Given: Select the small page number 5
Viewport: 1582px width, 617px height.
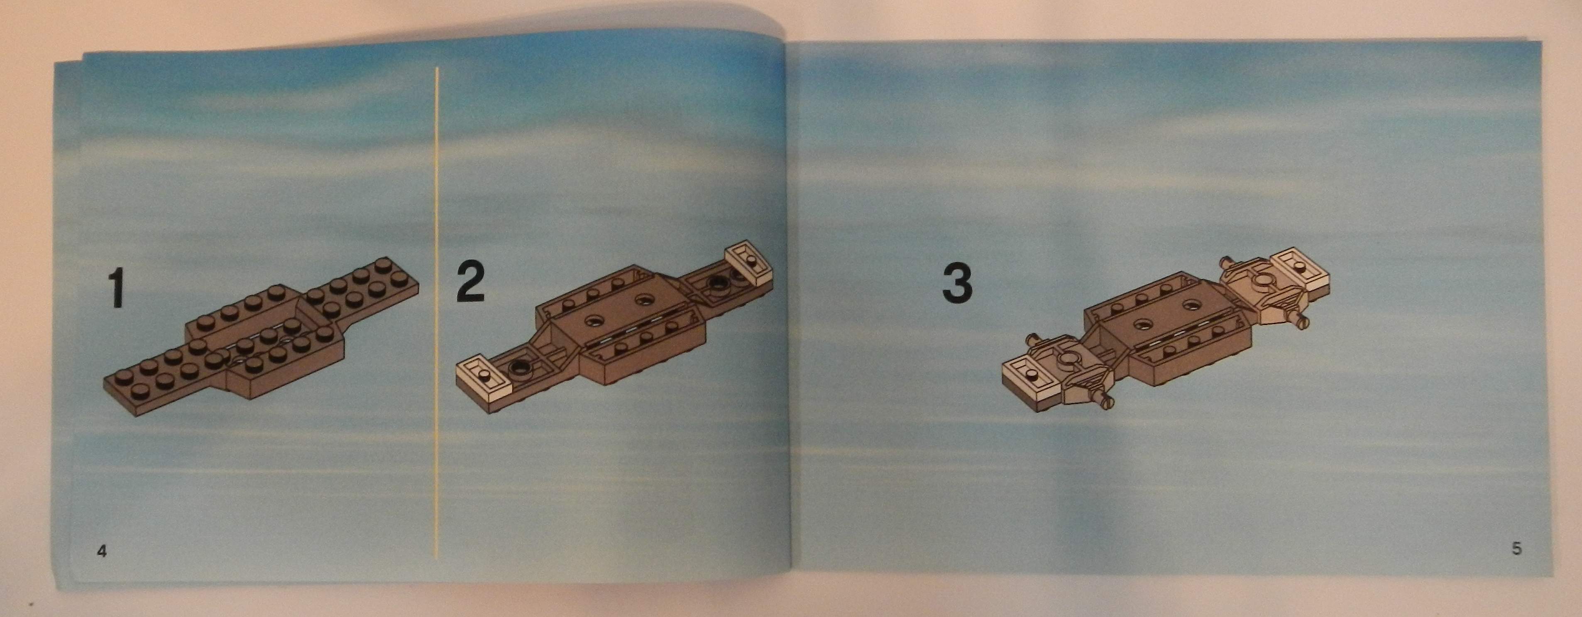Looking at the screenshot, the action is [1517, 548].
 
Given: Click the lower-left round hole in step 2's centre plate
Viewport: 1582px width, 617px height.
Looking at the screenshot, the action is [594, 319].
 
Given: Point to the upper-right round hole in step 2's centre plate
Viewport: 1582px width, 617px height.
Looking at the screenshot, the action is [645, 300].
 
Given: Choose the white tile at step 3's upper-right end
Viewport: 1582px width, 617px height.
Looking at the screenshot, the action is [1299, 268].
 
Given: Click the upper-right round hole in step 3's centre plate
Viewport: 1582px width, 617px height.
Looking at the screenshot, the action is [1193, 305].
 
